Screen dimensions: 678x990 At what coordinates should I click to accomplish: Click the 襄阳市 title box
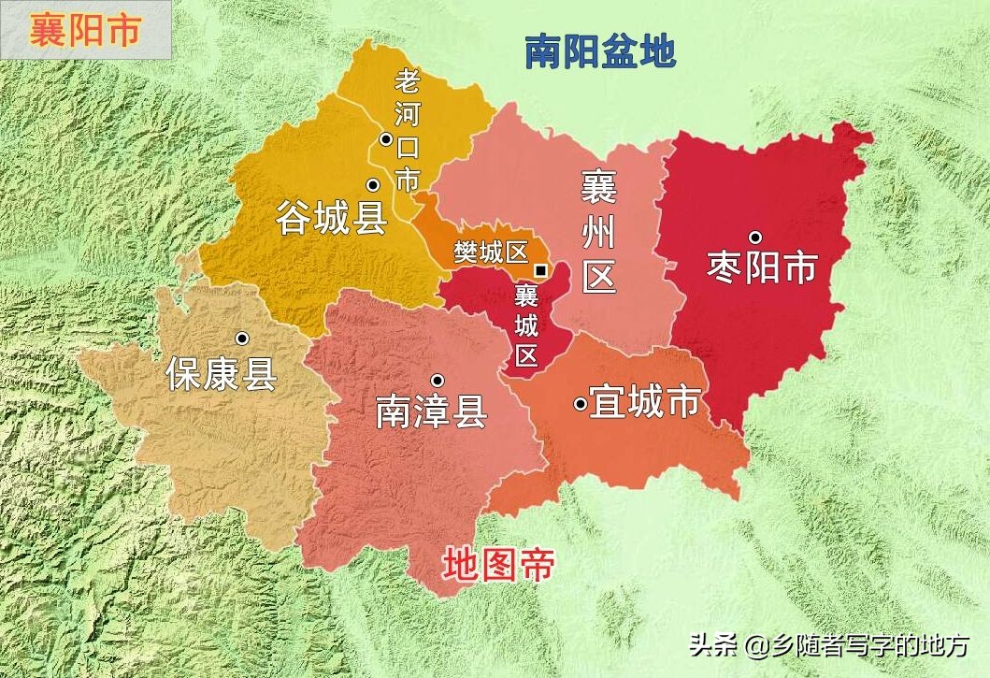click(x=85, y=30)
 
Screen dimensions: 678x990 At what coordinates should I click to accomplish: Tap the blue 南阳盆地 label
click(x=599, y=52)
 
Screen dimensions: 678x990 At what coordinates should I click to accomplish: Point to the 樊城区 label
click(x=490, y=252)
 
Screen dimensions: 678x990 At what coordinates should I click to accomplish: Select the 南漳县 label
click(x=431, y=411)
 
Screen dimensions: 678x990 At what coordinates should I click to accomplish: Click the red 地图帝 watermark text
click(x=499, y=565)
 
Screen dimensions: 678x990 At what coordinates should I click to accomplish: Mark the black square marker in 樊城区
click(x=540, y=270)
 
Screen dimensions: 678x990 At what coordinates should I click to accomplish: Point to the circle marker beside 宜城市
click(x=581, y=404)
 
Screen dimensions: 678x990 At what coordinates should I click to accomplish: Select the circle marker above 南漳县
click(x=437, y=380)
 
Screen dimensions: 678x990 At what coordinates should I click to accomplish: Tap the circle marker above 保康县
click(x=241, y=339)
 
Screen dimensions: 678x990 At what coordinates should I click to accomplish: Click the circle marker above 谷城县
click(x=372, y=184)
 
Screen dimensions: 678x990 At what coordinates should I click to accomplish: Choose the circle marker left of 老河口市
click(x=385, y=139)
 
